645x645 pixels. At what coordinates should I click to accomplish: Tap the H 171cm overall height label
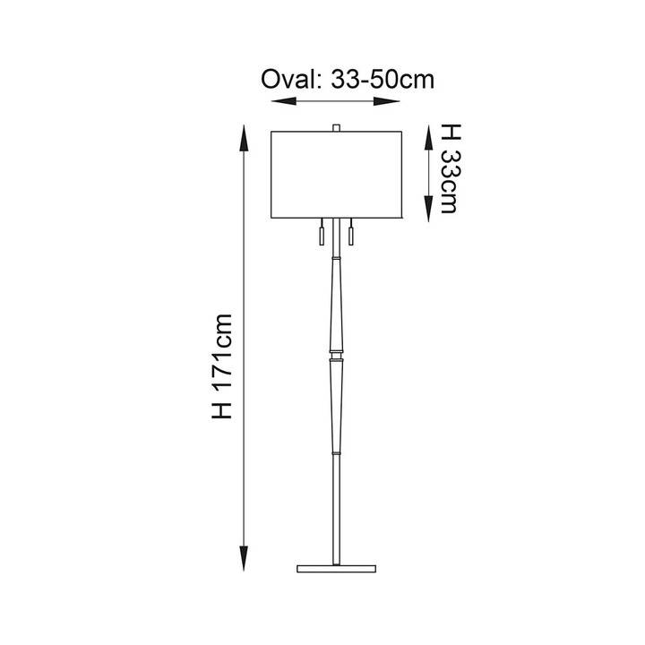tap(222, 366)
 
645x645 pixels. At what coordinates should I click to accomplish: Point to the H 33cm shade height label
tap(451, 168)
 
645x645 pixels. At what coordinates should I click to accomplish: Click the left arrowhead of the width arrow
tap(283, 101)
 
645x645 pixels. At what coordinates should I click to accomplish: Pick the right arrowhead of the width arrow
tap(387, 101)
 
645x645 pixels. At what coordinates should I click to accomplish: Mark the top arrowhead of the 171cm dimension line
tap(245, 138)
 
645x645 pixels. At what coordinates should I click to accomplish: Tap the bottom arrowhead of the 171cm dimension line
tap(244, 558)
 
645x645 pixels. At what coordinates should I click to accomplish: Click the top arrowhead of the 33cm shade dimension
tap(429, 137)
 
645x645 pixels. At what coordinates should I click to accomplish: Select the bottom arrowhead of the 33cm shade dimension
tap(429, 209)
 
